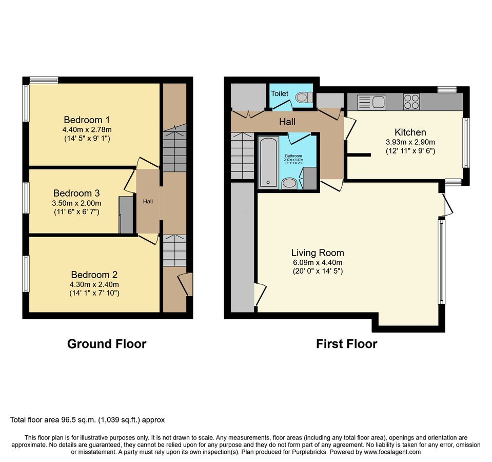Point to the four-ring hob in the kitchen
pyautogui.click(x=411, y=102)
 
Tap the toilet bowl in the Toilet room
pyautogui.click(x=303, y=98)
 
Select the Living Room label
pyautogui.click(x=318, y=253)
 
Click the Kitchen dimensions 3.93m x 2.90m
pyautogui.click(x=406, y=142)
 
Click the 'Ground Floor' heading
pyautogui.click(x=107, y=344)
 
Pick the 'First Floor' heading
pyautogui.click(x=346, y=344)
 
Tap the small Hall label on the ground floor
pyautogui.click(x=148, y=202)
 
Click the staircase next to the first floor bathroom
pyautogui.click(x=243, y=156)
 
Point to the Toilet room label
pyautogui.click(x=280, y=94)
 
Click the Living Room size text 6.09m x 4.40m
pyautogui.click(x=318, y=262)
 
